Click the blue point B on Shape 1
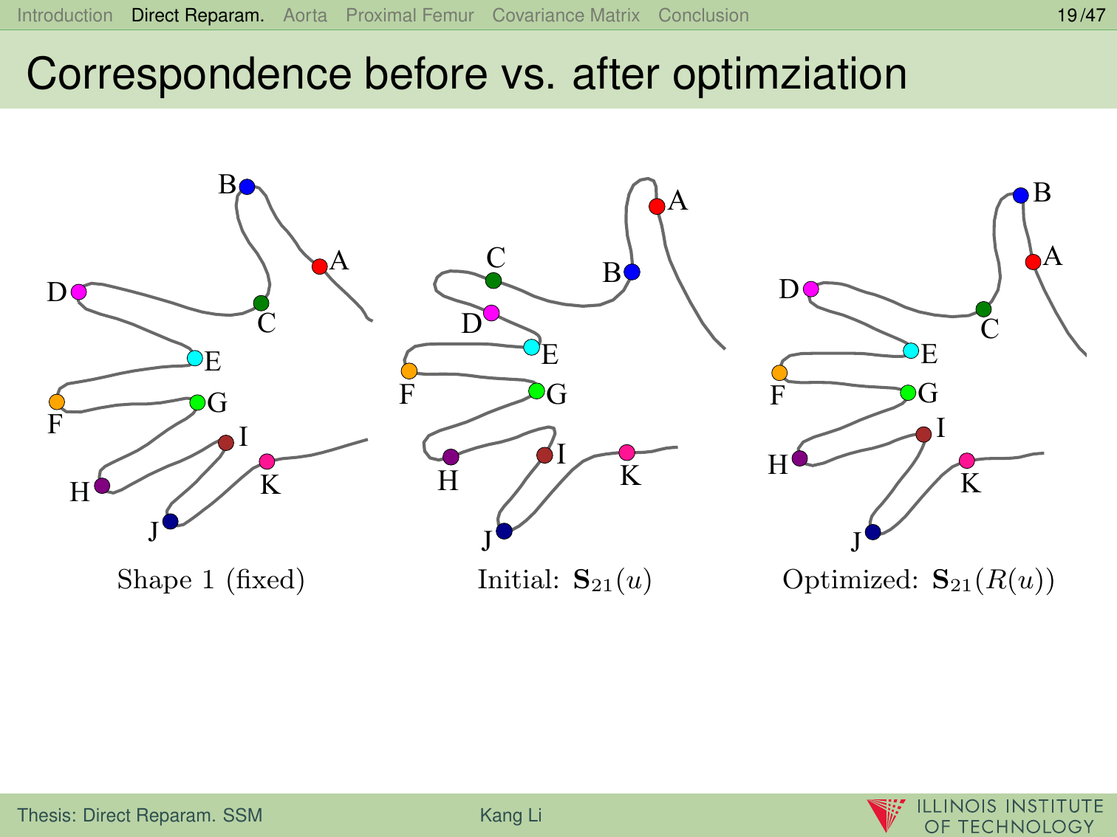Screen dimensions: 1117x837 pos(247,187)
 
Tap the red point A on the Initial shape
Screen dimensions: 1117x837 pos(657,207)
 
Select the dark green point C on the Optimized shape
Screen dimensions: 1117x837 pos(983,309)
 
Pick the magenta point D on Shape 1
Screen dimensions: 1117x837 pos(78,292)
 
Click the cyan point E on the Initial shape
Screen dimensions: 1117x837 pos(531,347)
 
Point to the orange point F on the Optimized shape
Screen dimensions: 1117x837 pos(779,373)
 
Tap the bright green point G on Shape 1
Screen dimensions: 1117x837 pos(197,402)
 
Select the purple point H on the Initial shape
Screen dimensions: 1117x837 pos(451,457)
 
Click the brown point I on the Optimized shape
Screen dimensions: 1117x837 pos(923,434)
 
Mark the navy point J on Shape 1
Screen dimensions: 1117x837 pos(170,521)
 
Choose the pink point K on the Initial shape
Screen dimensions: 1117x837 pos(626,452)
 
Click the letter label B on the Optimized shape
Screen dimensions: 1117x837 pos(1042,193)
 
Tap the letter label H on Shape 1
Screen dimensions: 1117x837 pos(80,492)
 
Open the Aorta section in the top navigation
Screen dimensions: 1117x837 pos(305,15)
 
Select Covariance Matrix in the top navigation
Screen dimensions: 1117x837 pos(566,15)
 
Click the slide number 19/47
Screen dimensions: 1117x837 pos(1081,15)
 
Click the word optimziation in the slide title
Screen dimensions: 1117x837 pos(789,75)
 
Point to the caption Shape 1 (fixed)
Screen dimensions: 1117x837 pos(211,580)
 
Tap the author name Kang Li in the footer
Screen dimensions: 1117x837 pos(511,815)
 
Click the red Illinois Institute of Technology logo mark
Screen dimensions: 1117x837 pos(886,814)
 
